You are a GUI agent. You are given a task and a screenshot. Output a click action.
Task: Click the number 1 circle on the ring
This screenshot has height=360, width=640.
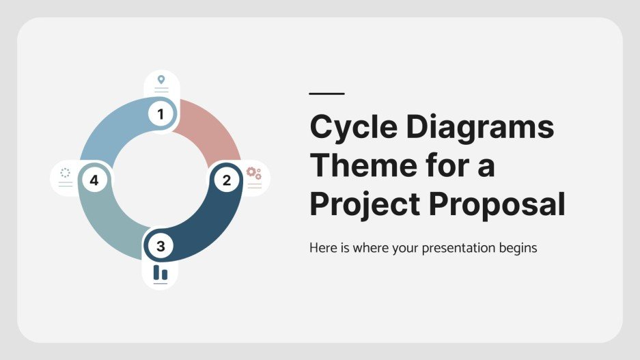[161, 114]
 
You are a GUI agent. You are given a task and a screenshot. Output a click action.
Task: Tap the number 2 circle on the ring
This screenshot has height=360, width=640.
[226, 180]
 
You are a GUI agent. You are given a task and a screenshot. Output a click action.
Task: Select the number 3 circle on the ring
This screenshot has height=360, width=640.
[161, 246]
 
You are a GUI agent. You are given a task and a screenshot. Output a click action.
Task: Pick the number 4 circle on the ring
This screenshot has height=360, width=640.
[94, 180]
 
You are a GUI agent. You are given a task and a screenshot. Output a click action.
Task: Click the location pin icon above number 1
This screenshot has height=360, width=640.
[161, 80]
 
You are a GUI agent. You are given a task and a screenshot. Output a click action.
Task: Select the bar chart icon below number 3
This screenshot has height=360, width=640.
[161, 273]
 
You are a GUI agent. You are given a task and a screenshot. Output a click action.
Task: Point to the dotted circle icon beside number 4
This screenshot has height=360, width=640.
[66, 172]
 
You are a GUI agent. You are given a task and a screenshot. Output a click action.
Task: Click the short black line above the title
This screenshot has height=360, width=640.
[326, 94]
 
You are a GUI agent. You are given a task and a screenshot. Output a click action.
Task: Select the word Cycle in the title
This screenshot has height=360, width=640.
[352, 128]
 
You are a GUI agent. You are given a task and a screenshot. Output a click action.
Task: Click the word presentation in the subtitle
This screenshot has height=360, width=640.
[447, 248]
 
